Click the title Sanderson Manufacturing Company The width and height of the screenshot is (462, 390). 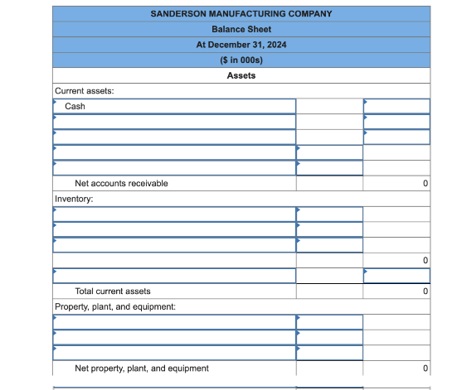click(241, 14)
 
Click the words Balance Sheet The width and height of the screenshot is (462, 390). click(241, 29)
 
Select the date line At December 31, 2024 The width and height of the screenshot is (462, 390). click(241, 45)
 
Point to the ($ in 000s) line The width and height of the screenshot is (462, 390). click(241, 60)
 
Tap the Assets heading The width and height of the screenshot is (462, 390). click(241, 75)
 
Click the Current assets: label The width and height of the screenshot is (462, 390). click(85, 91)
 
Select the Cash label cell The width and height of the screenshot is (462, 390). click(174, 106)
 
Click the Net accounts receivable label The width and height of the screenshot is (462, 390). click(121, 183)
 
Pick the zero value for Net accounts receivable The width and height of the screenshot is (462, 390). click(425, 183)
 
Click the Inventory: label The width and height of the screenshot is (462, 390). click(74, 199)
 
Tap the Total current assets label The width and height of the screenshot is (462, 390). click(113, 291)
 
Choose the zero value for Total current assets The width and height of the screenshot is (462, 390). click(425, 291)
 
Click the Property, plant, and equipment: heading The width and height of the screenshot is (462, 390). click(115, 306)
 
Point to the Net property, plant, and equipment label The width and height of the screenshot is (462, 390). click(142, 368)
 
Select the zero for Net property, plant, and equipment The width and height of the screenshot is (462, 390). click(425, 368)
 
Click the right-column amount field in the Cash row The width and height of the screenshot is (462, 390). click(397, 106)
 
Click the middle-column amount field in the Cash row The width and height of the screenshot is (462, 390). click(329, 106)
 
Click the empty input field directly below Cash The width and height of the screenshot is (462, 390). click(174, 122)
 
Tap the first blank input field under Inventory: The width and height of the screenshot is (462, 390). click(174, 214)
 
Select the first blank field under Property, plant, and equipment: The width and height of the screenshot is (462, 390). click(174, 322)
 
